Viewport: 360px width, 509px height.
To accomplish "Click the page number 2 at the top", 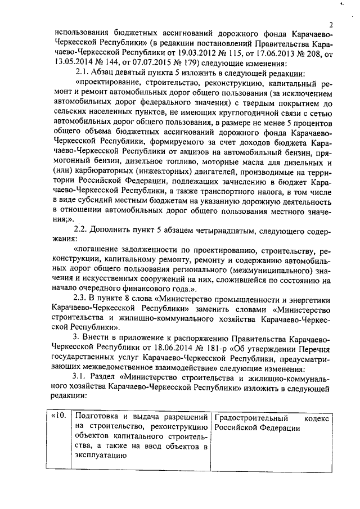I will (332, 25).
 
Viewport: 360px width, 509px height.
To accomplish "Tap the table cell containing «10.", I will (58, 416).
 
